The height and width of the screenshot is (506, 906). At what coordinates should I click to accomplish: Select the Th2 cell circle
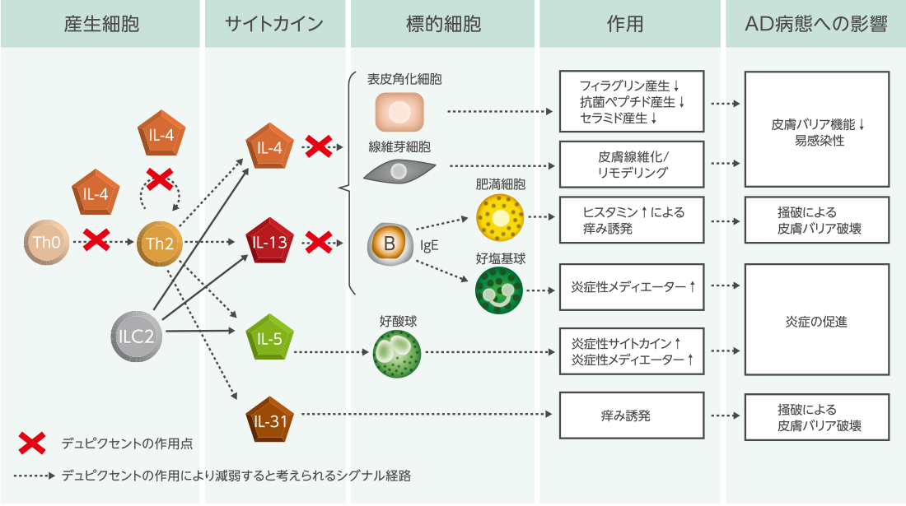(159, 243)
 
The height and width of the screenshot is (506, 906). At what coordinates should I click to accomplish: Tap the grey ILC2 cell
(133, 336)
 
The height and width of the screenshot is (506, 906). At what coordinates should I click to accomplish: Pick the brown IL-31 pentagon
(270, 421)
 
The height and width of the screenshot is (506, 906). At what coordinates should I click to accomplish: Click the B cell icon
(389, 244)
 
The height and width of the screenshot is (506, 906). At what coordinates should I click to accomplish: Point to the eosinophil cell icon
(398, 354)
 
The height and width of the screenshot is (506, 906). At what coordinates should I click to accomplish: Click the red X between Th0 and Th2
(97, 242)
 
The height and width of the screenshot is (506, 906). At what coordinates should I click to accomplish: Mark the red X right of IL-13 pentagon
(318, 243)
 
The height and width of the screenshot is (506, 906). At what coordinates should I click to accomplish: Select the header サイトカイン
(274, 24)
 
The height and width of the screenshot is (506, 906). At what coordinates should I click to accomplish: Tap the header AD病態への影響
(815, 24)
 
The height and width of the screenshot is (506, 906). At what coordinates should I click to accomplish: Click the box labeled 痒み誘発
(632, 415)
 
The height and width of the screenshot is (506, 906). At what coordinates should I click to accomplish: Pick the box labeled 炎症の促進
(816, 321)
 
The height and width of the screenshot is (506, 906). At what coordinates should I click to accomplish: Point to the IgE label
(429, 245)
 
